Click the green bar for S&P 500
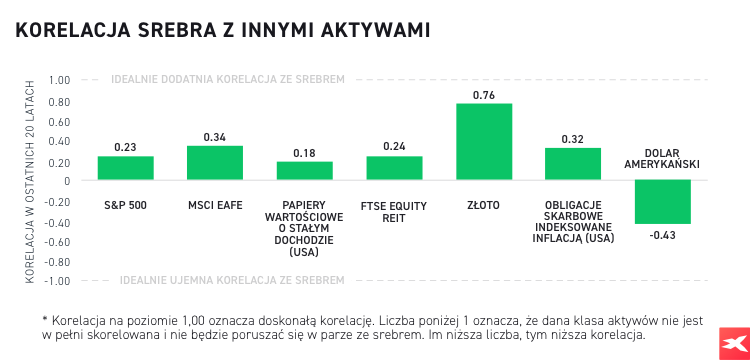(125, 168)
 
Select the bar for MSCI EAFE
(215, 163)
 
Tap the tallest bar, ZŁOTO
(484, 142)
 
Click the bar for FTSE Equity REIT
(394, 168)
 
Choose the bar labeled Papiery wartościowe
(304, 171)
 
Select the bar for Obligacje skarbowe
(573, 164)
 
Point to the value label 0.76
(484, 96)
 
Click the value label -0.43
(663, 234)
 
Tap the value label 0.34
(215, 137)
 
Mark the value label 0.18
(304, 153)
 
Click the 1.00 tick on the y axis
(58, 80)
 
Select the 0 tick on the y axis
(65, 181)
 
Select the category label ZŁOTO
(484, 205)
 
